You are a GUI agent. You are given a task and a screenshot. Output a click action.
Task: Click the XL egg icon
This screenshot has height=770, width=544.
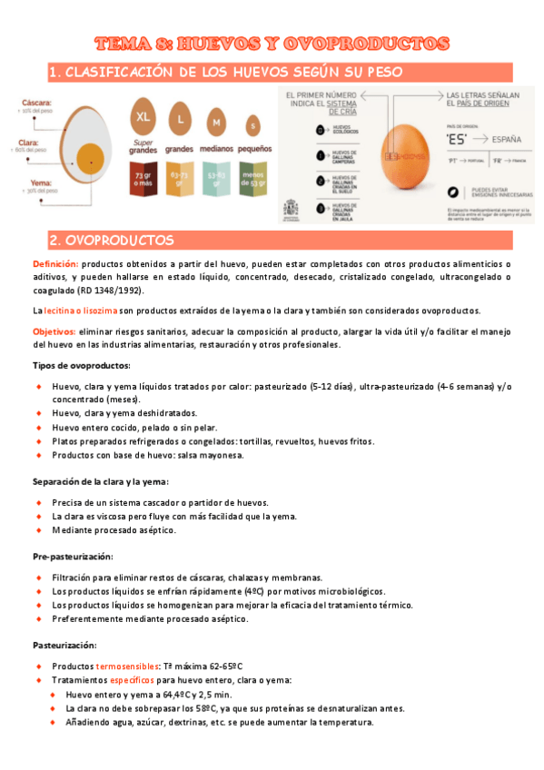[143, 117]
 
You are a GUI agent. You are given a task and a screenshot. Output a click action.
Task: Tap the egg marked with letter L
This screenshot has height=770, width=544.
[180, 121]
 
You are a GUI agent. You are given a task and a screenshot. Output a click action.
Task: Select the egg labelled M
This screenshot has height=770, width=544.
[217, 123]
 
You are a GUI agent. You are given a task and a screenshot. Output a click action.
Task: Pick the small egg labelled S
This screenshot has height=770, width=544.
[252, 125]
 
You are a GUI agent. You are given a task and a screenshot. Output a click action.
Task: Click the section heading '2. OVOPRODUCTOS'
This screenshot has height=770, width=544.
[112, 241]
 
